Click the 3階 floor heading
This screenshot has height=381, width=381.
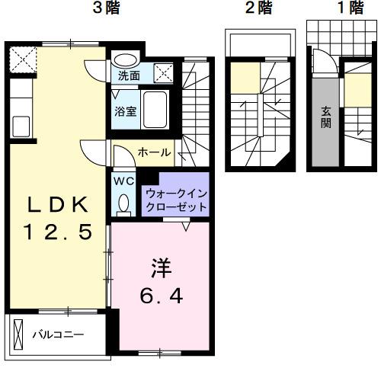pyautogui.click(x=107, y=9)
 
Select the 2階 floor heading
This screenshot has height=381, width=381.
pyautogui.click(x=258, y=9)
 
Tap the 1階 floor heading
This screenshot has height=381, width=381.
pyautogui.click(x=331, y=9)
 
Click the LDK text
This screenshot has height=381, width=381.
pyautogui.click(x=59, y=204)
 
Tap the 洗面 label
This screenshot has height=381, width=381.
pyautogui.click(x=128, y=76)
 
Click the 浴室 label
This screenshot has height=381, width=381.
pyautogui.click(x=126, y=111)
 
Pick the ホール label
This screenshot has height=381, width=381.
pyautogui.click(x=154, y=153)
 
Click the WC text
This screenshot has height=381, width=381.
pyautogui.click(x=123, y=181)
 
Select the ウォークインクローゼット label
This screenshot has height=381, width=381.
pyautogui.click(x=176, y=200)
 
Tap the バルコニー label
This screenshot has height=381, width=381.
pyautogui.click(x=57, y=334)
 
